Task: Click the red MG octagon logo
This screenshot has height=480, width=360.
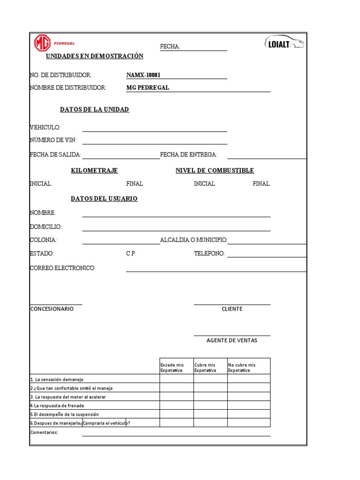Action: [x=42, y=44]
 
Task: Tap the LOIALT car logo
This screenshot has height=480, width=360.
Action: [x=285, y=43]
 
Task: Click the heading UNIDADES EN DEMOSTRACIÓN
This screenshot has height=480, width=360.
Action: [x=94, y=56]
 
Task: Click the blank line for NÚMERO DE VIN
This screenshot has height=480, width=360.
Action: [x=155, y=141]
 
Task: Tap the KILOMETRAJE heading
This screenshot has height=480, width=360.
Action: [x=94, y=171]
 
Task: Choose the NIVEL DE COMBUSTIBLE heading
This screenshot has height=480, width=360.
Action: [x=215, y=171]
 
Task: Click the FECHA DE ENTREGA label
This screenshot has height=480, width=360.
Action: [x=188, y=155]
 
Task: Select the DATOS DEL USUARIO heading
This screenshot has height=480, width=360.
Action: [x=104, y=199]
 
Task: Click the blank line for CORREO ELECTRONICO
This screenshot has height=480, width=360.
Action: [x=216, y=269]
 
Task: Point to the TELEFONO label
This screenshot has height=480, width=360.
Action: [x=209, y=254]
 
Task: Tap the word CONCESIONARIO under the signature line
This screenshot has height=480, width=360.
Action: [x=52, y=309]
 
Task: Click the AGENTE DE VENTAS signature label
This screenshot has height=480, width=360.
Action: [x=232, y=341]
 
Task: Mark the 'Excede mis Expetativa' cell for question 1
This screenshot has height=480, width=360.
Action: [x=176, y=379]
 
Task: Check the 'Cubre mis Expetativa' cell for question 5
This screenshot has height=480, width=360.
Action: [x=210, y=414]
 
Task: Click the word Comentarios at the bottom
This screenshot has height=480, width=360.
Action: [x=44, y=433]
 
